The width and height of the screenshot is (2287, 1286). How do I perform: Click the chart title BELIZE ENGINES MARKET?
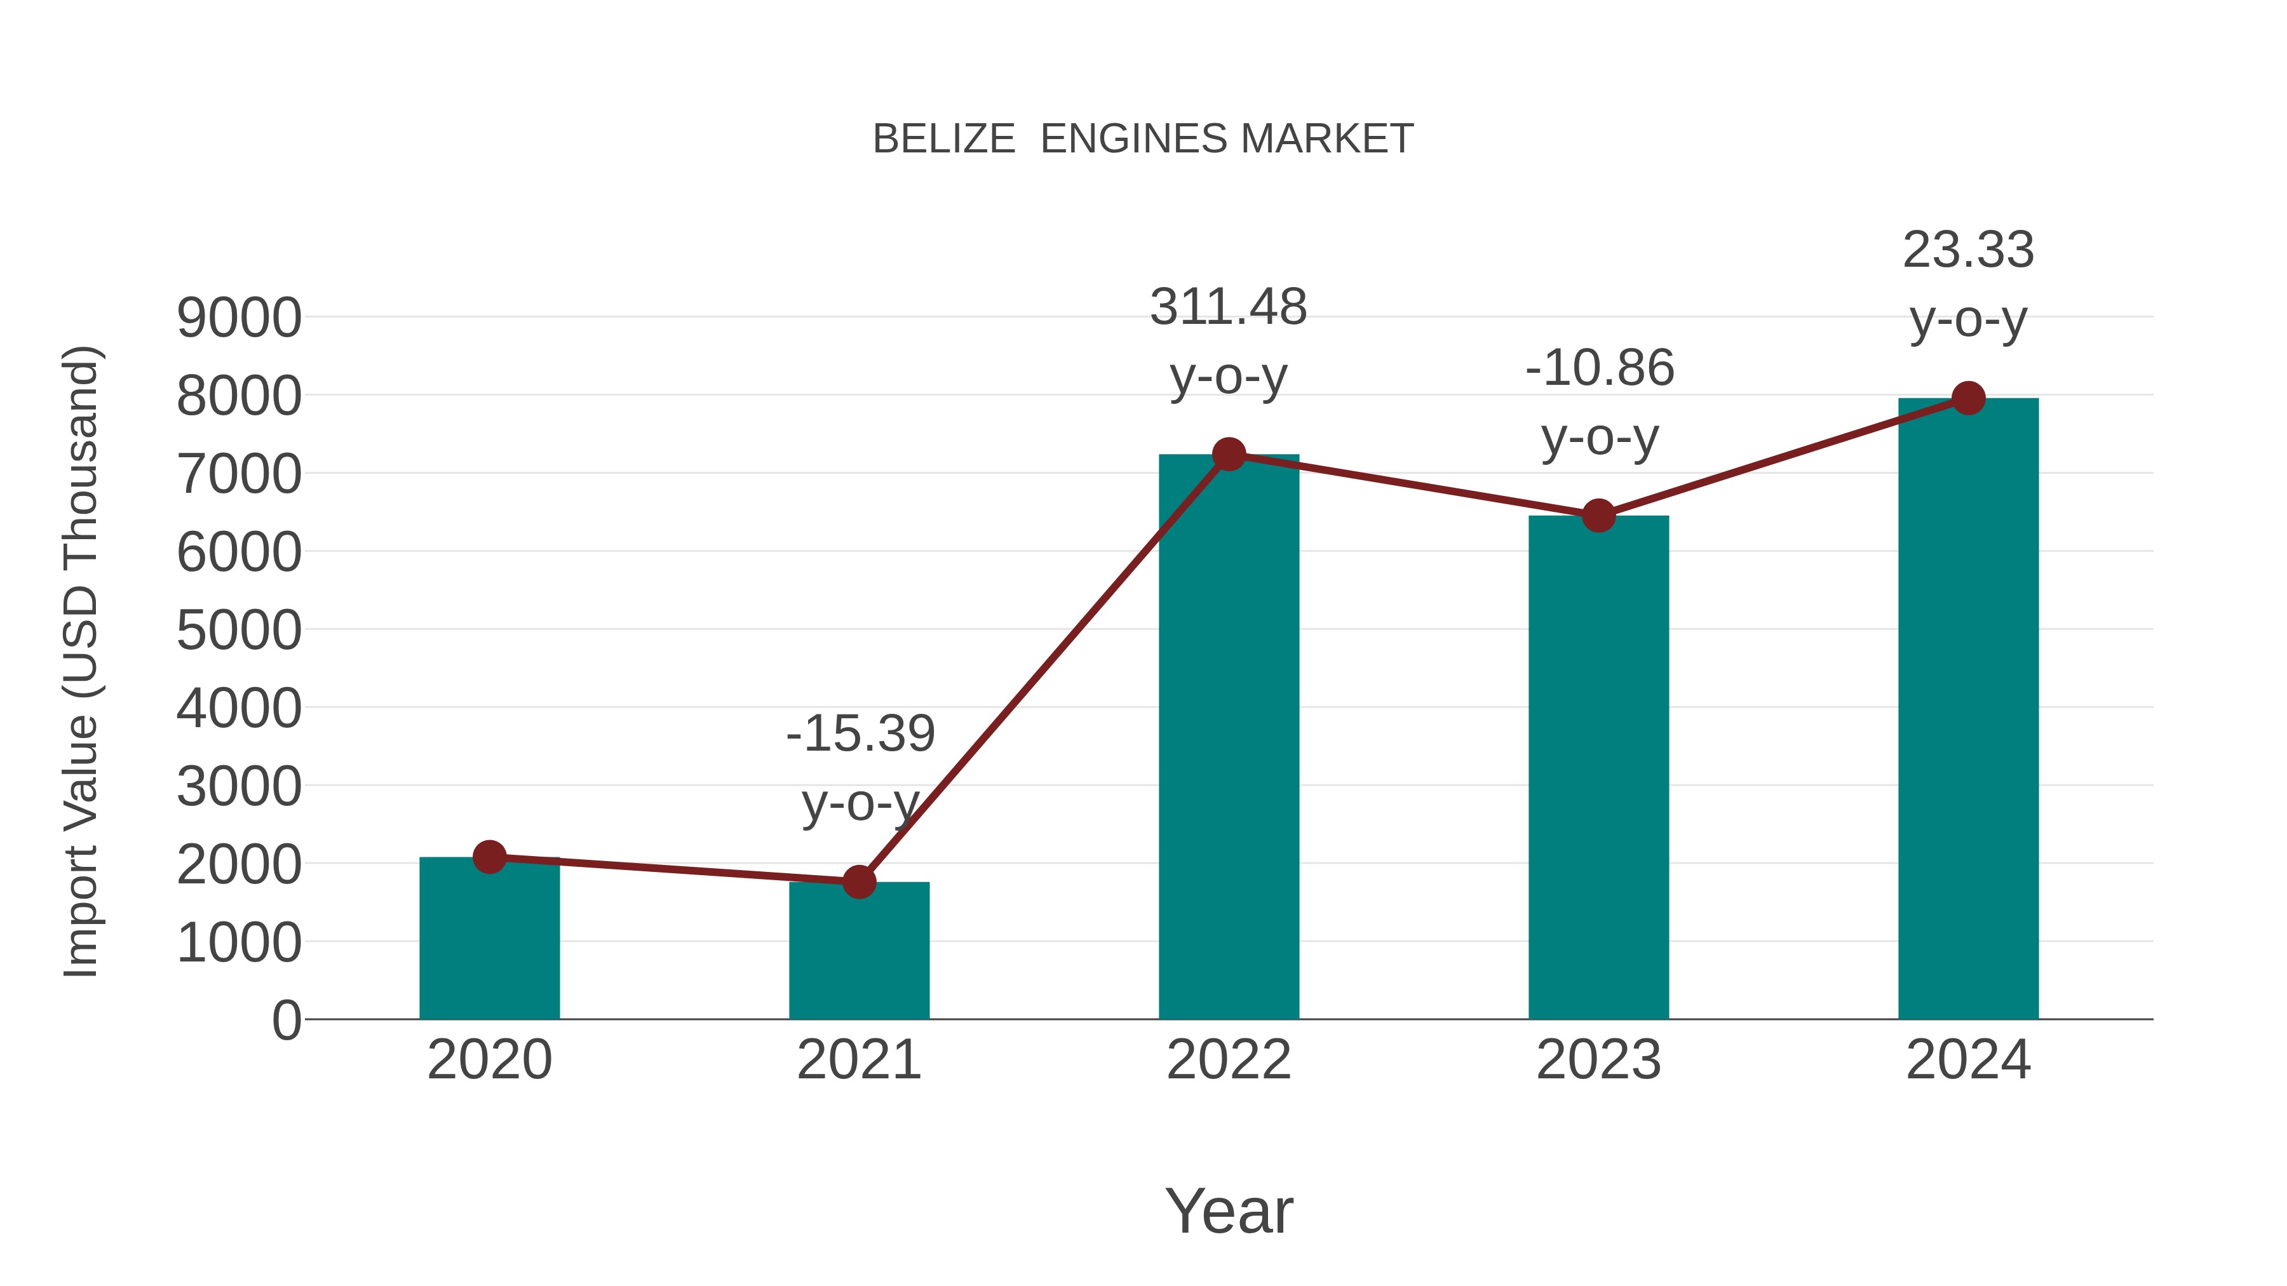1143,139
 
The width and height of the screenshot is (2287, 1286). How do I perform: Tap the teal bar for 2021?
858,954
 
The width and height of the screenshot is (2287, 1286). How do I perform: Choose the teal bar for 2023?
1598,772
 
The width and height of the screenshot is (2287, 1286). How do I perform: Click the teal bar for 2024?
1968,710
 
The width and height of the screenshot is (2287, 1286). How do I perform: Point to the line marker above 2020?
489,857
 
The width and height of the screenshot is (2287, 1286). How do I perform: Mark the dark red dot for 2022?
1229,455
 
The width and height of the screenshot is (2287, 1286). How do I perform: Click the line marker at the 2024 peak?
1968,398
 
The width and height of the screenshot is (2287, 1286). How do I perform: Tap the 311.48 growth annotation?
1229,308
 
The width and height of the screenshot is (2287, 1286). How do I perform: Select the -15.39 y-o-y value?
860,734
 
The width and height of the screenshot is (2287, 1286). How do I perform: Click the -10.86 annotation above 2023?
1600,368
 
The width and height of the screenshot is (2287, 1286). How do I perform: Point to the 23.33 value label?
1968,250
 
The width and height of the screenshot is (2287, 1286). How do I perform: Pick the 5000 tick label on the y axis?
239,631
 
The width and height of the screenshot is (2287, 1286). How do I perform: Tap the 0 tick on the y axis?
286,1021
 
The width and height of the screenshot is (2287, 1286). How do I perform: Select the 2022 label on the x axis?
1229,1060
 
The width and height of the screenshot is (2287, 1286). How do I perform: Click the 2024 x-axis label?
1968,1060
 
